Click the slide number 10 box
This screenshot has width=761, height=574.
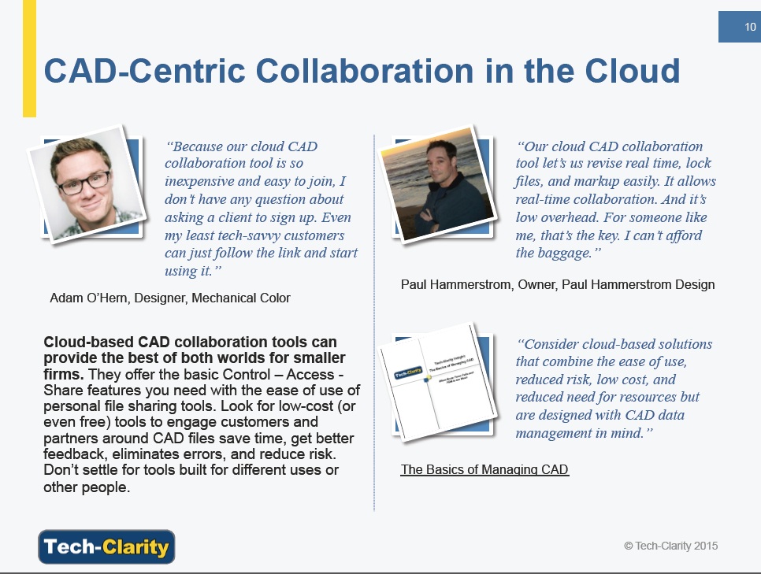740,27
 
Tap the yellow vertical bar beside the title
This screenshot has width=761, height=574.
29,58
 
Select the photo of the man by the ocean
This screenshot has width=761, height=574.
437,183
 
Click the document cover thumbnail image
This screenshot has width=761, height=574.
437,382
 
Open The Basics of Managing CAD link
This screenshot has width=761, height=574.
484,469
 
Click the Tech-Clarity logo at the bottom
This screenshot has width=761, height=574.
106,546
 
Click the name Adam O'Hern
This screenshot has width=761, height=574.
89,298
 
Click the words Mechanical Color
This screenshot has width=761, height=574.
241,298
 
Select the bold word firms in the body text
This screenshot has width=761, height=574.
63,374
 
